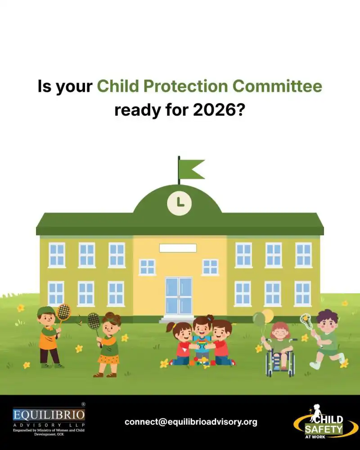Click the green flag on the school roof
(x=191, y=168)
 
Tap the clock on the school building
(x=180, y=203)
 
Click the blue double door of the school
(x=179, y=295)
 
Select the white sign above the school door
(x=178, y=248)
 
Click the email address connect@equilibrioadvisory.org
(x=191, y=422)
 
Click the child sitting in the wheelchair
(x=279, y=346)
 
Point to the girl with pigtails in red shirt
(x=182, y=344)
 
